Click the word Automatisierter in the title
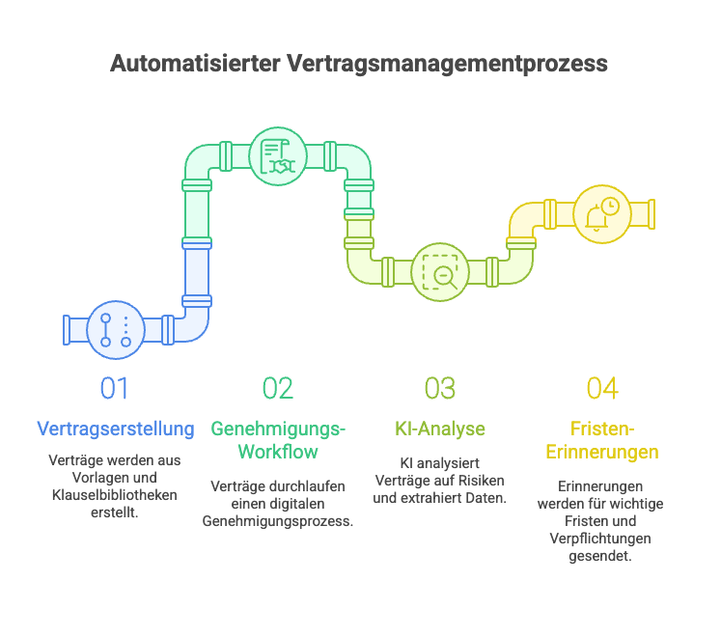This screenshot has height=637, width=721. point(194,65)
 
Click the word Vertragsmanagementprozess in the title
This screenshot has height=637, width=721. point(447,65)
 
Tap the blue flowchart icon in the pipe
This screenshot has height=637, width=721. point(115,330)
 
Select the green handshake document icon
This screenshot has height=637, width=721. point(278,156)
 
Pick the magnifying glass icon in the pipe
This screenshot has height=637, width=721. point(441,272)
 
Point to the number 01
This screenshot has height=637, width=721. point(115,388)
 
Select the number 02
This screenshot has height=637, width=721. point(277,388)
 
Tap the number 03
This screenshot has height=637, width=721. point(440,388)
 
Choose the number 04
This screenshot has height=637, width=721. point(602,388)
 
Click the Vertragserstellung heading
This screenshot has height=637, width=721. point(115,428)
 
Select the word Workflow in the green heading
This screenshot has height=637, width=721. point(278,452)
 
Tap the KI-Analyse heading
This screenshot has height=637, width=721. point(440,428)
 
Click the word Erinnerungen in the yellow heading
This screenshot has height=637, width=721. point(602,452)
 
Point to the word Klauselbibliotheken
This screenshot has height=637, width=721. point(115,496)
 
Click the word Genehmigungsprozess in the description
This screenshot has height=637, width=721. point(278,521)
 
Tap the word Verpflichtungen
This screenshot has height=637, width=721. point(602,539)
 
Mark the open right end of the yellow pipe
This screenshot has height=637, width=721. point(652,214)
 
